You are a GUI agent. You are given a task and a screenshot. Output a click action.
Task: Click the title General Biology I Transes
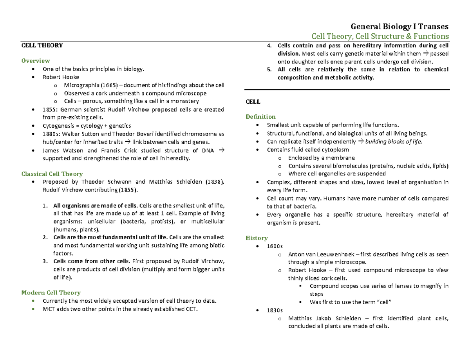399,27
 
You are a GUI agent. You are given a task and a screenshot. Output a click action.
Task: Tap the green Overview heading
36,61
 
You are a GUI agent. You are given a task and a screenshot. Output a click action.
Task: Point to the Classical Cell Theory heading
52,174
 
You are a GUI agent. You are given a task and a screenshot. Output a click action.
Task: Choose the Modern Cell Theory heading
51,293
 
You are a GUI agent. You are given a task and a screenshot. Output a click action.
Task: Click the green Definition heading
260,117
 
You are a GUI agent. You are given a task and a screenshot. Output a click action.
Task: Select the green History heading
257,238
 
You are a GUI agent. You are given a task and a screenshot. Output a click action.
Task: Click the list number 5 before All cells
269,70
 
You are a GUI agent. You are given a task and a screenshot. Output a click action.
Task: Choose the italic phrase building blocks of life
394,142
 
